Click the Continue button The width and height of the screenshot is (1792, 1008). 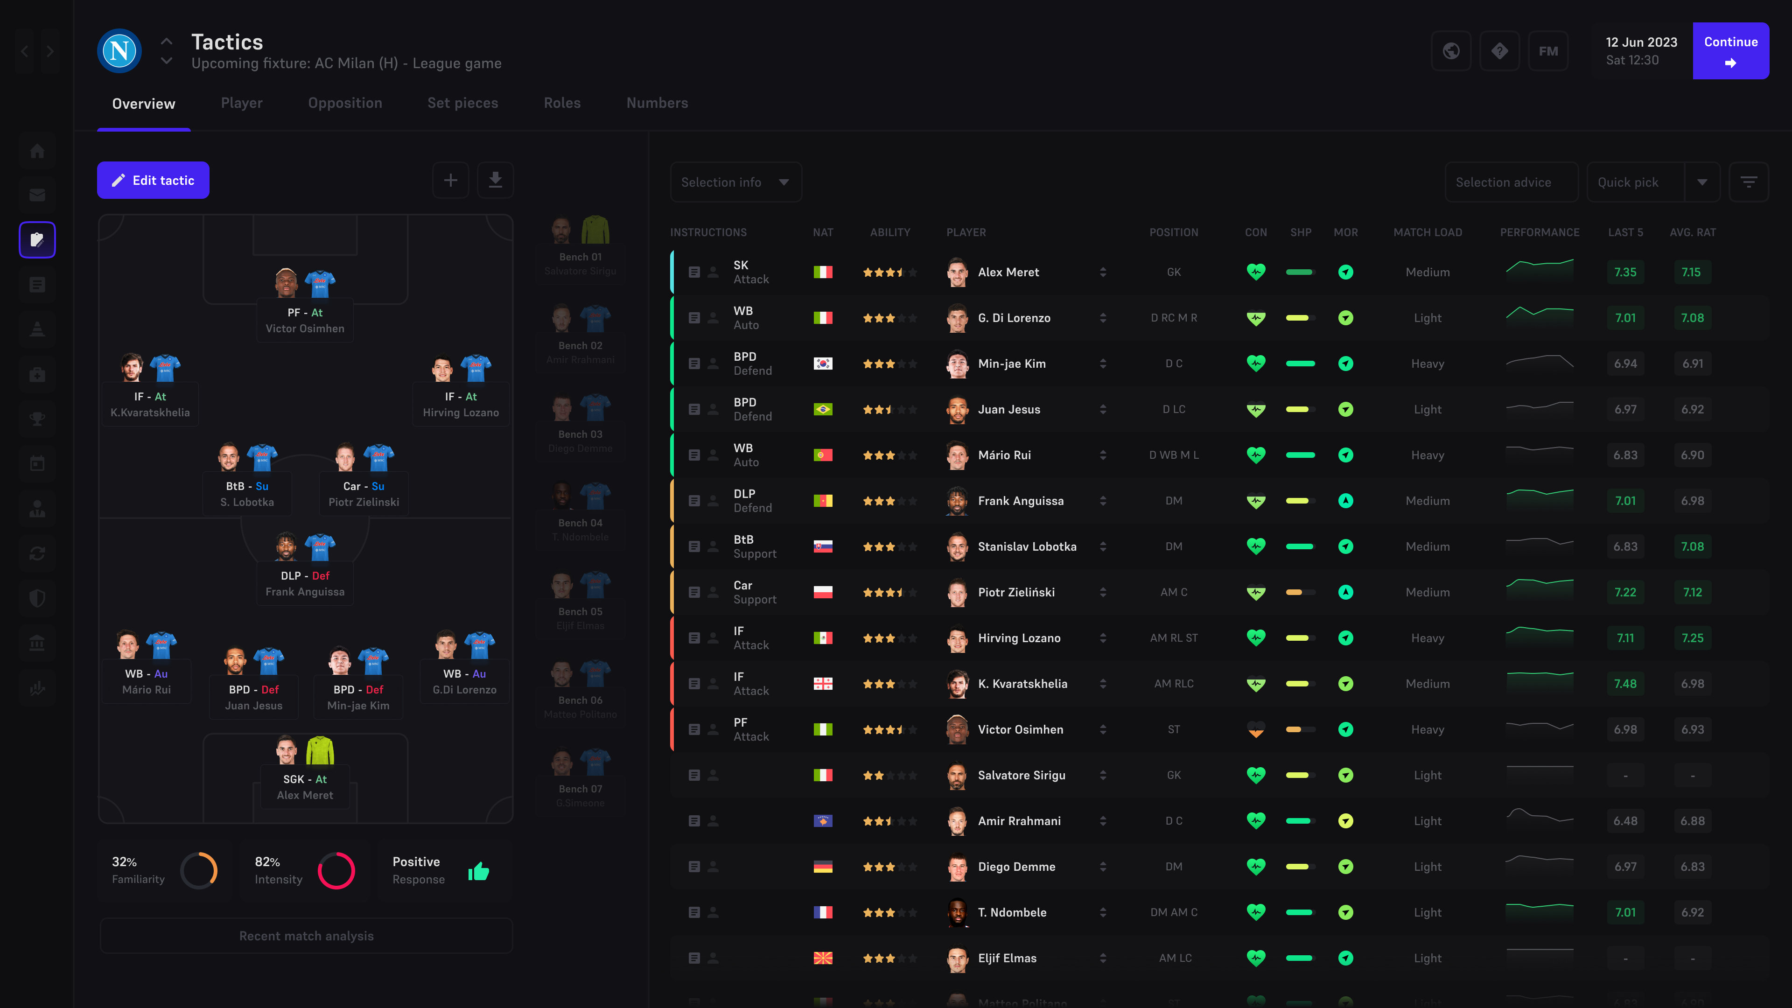1730,51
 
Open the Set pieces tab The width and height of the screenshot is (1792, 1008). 462,103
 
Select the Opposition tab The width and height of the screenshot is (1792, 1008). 345,103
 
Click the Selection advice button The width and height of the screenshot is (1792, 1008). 1503,182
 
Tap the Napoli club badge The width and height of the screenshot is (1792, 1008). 119,51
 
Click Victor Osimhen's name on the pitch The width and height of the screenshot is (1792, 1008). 305,329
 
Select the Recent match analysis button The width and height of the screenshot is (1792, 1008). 306,936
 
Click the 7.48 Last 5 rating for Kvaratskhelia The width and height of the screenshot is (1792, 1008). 1625,684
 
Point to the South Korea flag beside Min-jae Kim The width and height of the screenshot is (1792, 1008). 823,364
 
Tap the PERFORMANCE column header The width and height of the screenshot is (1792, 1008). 1540,232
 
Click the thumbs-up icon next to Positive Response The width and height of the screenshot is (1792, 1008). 479,871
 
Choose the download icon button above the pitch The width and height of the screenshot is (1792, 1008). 495,180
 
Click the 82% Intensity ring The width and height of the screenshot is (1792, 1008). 336,870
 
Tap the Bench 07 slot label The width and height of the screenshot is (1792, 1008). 580,789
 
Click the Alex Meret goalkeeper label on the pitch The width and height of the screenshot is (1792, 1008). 305,795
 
